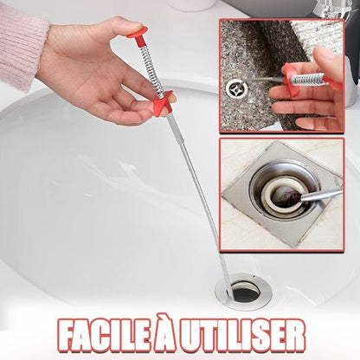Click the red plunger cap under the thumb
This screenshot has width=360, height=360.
(x=138, y=33)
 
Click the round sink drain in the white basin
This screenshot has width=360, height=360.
(x=243, y=292)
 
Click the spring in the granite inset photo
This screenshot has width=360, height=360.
(x=308, y=79)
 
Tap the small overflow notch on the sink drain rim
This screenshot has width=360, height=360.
(x=254, y=277)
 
